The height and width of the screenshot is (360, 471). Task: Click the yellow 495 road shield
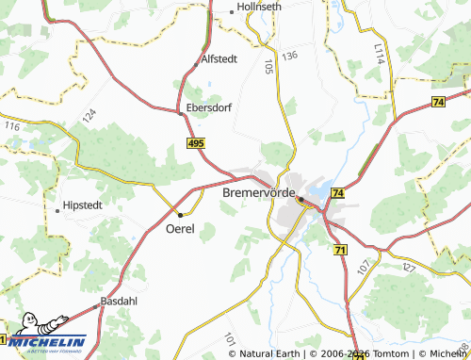(x=195, y=142)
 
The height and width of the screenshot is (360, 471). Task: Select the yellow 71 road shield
(x=340, y=248)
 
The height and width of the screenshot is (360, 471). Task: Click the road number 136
(x=289, y=57)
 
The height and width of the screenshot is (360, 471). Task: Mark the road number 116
(x=11, y=125)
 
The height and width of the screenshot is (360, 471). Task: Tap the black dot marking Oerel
(x=180, y=215)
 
